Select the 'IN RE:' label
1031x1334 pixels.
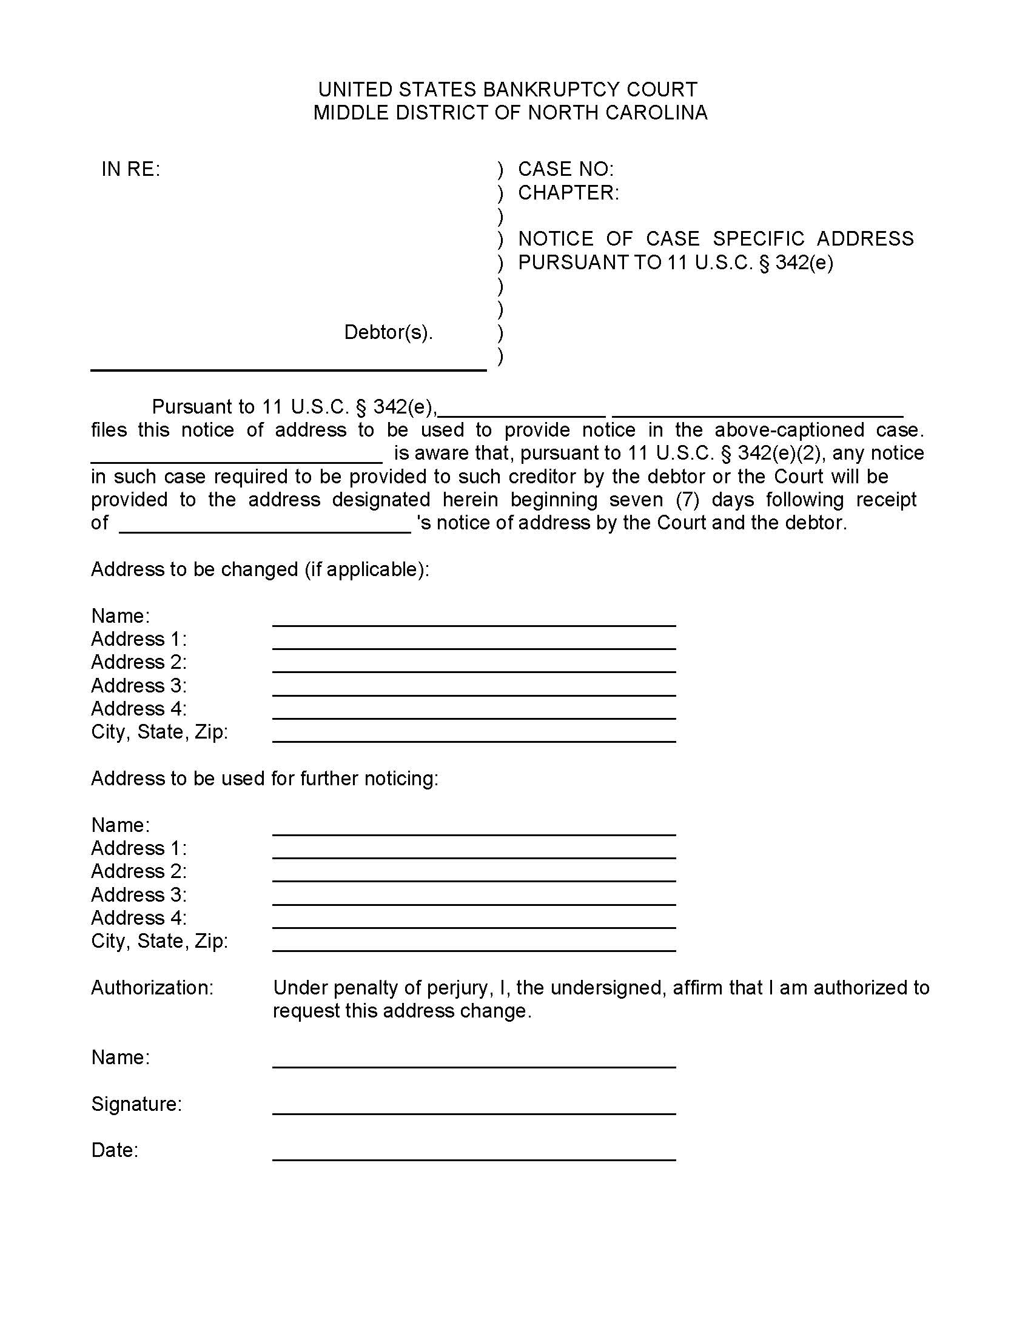point(131,169)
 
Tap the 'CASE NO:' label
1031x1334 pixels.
point(566,169)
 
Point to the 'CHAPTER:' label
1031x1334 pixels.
point(568,193)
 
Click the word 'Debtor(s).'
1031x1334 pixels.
point(389,332)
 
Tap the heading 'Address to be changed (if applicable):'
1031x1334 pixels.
point(260,569)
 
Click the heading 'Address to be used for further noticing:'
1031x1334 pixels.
point(264,779)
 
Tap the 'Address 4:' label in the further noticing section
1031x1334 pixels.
point(139,918)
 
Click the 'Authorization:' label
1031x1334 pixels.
point(152,988)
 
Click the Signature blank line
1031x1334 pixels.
point(474,1108)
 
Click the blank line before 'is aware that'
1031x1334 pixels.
point(237,457)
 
